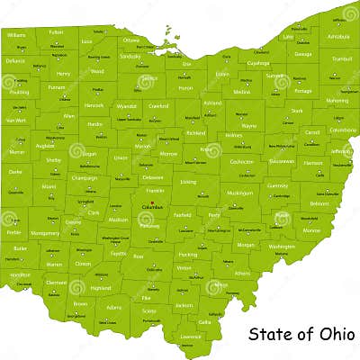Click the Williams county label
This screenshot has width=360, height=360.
[x=15, y=35]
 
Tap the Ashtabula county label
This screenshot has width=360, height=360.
[x=338, y=37]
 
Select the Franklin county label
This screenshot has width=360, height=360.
[x=155, y=191]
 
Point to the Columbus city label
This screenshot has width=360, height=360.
[x=150, y=208]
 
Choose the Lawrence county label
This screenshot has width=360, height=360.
[x=190, y=336]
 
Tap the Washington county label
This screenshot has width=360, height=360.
[x=281, y=246]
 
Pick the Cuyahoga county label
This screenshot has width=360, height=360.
[x=257, y=64]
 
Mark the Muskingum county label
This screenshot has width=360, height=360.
[x=239, y=193]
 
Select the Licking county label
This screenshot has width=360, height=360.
[x=188, y=182]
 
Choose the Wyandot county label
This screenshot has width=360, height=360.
[x=126, y=106]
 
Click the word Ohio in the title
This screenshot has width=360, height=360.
[x=325, y=333]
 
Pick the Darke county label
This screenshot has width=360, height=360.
[x=15, y=171]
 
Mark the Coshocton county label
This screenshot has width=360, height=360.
[x=240, y=162]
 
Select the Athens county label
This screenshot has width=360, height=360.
[x=242, y=273]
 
